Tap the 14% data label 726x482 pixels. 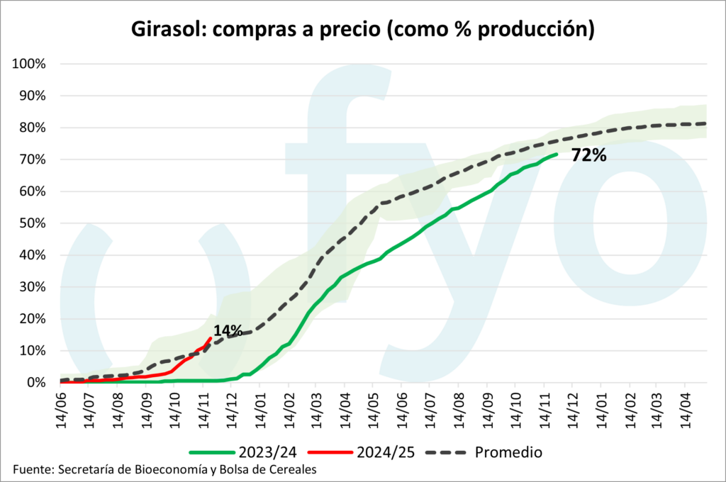(228, 330)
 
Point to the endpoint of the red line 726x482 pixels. (211, 338)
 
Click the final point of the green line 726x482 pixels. (557, 154)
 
